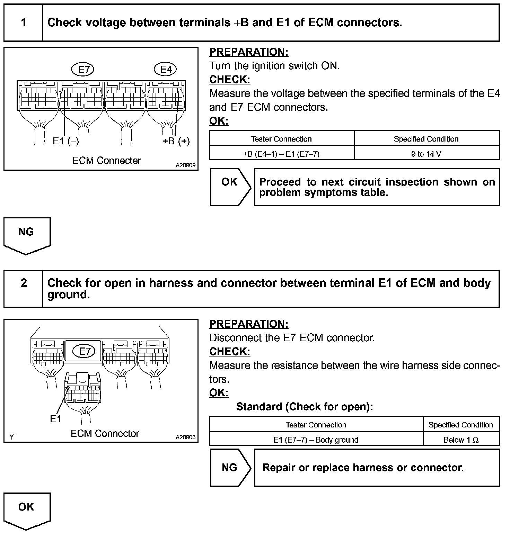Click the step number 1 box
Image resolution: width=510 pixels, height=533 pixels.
[24, 23]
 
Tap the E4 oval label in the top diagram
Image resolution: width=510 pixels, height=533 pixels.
[166, 70]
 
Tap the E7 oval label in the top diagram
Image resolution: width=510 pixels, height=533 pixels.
[83, 70]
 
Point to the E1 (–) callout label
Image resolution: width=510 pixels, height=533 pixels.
[66, 141]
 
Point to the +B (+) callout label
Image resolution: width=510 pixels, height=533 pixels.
[176, 141]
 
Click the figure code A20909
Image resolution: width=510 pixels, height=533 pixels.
[185, 165]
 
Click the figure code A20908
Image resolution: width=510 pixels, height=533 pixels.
[185, 437]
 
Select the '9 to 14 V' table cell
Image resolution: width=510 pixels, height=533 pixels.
[426, 154]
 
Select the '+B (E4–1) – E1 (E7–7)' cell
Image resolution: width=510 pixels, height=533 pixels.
[281, 154]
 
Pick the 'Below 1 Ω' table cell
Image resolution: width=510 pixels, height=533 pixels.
[461, 440]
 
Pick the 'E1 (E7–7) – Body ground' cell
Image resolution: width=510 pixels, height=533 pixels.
[316, 440]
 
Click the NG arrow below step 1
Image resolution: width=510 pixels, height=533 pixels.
[27, 235]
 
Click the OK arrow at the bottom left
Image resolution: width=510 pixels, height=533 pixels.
[27, 509]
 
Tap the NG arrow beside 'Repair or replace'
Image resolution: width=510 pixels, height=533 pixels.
[230, 468]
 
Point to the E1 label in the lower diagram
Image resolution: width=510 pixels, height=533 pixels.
[55, 419]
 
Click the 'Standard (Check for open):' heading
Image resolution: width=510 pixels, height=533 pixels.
[305, 407]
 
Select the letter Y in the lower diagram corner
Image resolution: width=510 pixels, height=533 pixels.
[12, 437]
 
